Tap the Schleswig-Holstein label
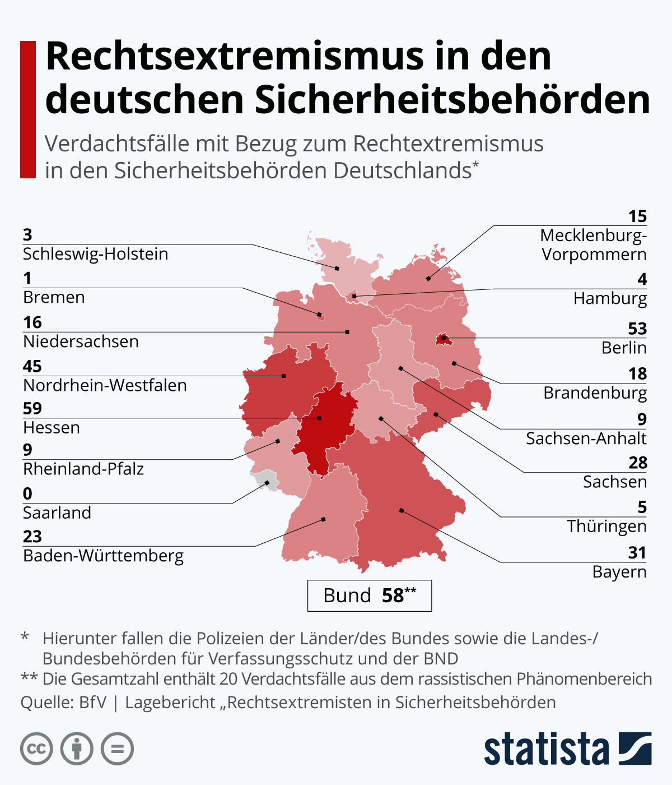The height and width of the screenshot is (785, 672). pyautogui.click(x=95, y=254)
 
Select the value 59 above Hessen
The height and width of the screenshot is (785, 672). pyautogui.click(x=32, y=408)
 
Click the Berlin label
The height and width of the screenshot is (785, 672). pyautogui.click(x=624, y=348)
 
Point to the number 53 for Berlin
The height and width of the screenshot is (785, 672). pyautogui.click(x=637, y=329)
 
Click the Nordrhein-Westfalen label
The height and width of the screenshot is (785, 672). pyautogui.click(x=105, y=386)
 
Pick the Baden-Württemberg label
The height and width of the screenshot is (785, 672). pyautogui.click(x=103, y=556)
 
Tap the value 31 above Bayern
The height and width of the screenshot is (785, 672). pyautogui.click(x=637, y=553)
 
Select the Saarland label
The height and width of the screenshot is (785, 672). pyautogui.click(x=57, y=513)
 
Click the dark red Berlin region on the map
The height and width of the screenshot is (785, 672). pyautogui.click(x=442, y=339)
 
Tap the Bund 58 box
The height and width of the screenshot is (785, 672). pyautogui.click(x=369, y=595)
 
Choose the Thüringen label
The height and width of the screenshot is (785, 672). pyautogui.click(x=606, y=527)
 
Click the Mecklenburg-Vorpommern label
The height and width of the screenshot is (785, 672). pyautogui.click(x=594, y=245)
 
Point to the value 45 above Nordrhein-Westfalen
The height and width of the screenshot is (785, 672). pyautogui.click(x=32, y=366)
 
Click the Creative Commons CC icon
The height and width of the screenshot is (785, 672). pyautogui.click(x=36, y=749)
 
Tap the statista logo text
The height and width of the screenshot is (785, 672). pyautogui.click(x=546, y=749)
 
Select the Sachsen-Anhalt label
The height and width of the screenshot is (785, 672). pyautogui.click(x=586, y=438)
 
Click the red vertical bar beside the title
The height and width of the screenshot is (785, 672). pyautogui.click(x=27, y=109)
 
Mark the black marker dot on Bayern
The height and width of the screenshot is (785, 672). pyautogui.click(x=401, y=510)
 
